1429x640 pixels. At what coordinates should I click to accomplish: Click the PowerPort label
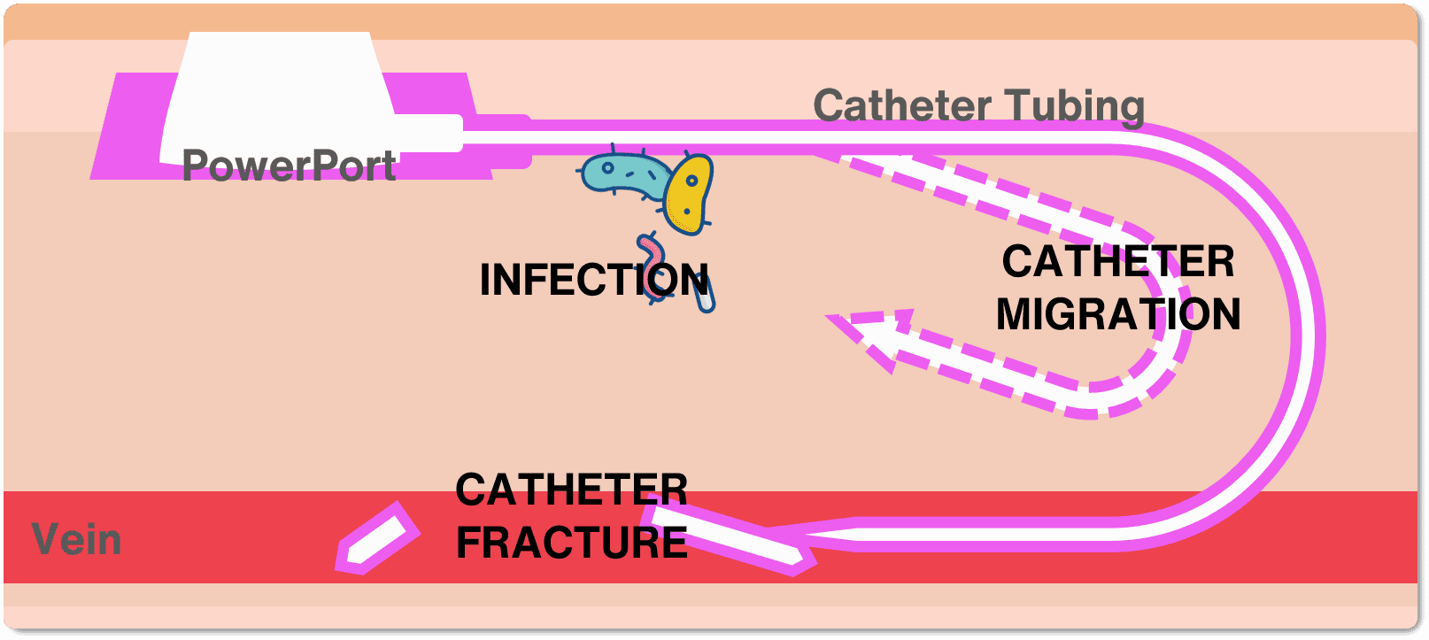(x=289, y=166)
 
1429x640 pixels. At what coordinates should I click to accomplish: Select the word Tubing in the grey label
(x=1074, y=105)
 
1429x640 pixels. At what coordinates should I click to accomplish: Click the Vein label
(x=76, y=539)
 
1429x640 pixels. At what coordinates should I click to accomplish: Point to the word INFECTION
(x=593, y=280)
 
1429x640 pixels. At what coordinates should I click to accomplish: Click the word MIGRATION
(x=1118, y=314)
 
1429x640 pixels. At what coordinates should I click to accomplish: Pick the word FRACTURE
(x=571, y=543)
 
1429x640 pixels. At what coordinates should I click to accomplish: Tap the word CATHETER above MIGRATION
(x=1118, y=261)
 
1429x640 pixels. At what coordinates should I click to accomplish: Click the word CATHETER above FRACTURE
(x=571, y=490)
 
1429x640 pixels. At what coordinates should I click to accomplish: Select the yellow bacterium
(x=688, y=195)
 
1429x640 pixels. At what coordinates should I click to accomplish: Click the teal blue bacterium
(x=620, y=173)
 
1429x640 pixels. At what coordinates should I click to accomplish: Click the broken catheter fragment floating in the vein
(x=376, y=537)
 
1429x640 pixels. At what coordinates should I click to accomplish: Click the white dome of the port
(x=279, y=89)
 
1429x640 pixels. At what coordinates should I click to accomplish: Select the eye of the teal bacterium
(x=607, y=167)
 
